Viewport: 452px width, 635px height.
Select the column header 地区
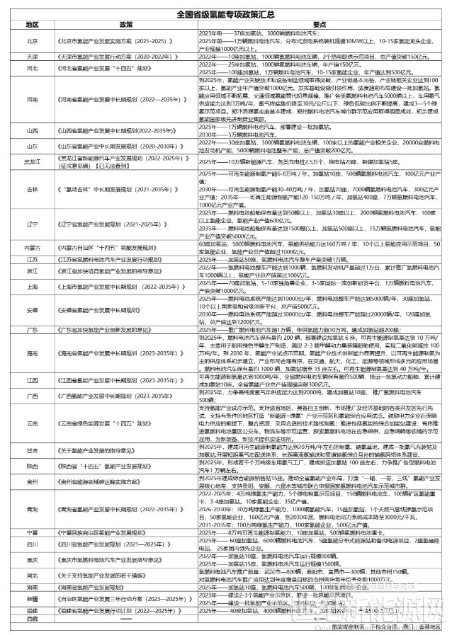coord(32,23)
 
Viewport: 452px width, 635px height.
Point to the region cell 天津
coord(32,56)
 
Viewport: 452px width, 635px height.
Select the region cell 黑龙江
coord(32,161)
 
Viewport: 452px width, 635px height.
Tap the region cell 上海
coord(32,287)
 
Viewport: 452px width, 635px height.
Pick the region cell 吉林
coord(32,190)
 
